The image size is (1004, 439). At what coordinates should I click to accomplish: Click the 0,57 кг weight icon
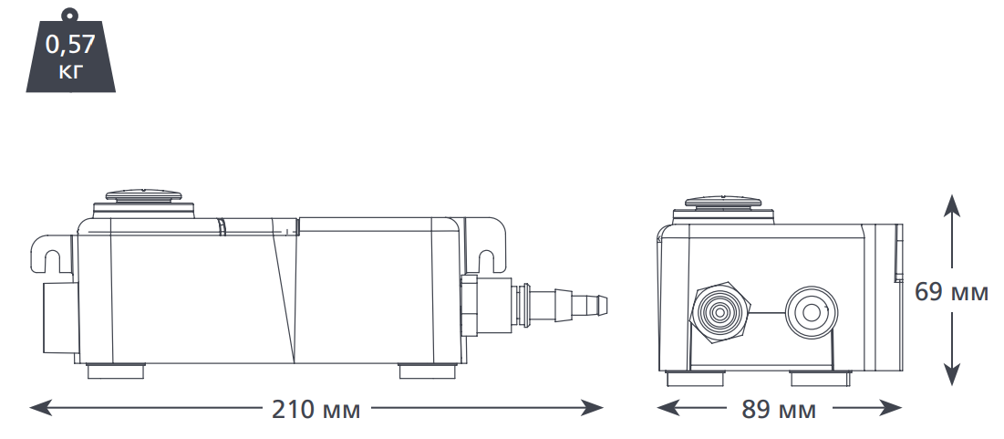point(70,50)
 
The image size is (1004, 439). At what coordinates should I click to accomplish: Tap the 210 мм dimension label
point(316,410)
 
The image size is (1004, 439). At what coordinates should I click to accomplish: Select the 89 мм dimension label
point(779,410)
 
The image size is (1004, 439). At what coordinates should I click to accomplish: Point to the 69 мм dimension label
point(951,291)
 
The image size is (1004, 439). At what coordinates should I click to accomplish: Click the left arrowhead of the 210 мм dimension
point(40,407)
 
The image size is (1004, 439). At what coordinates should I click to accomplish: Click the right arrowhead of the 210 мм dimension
point(592,407)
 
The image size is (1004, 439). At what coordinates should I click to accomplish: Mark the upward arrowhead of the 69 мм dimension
point(952,205)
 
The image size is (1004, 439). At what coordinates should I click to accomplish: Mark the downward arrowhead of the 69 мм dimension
point(952,374)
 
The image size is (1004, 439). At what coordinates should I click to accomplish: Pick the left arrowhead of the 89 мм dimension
point(668,407)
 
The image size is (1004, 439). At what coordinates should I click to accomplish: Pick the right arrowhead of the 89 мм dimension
point(891,407)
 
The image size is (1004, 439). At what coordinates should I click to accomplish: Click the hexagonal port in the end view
point(719,313)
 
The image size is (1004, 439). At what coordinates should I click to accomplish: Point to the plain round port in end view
point(812,313)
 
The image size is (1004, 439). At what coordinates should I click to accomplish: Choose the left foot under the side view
point(116,371)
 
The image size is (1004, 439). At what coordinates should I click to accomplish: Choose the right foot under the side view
point(427,371)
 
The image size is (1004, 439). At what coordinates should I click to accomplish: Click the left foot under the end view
point(696,379)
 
